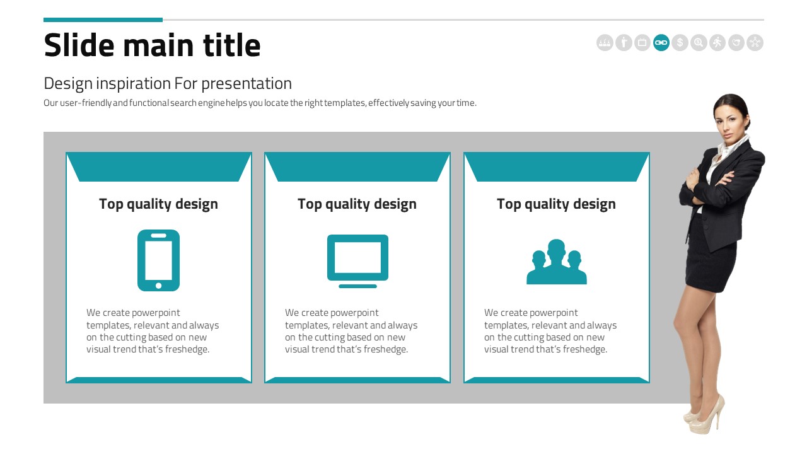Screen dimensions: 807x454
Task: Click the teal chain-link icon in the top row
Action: [661, 42]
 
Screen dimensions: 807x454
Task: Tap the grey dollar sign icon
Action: [680, 42]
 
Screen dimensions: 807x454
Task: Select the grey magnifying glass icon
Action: [699, 42]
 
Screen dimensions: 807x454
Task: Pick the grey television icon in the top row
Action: [642, 42]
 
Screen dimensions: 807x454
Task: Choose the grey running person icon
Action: [717, 42]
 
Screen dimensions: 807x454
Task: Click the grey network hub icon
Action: [755, 42]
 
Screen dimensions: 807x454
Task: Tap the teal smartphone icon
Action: [158, 260]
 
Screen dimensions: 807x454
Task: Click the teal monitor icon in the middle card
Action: [357, 261]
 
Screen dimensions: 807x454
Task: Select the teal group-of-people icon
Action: [557, 262]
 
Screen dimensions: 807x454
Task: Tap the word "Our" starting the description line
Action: [51, 103]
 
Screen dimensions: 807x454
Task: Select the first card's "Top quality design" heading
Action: [158, 204]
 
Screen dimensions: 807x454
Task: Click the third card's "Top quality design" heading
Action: [556, 204]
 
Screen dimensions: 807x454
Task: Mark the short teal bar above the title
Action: [103, 20]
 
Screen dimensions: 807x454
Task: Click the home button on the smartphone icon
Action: [158, 286]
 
